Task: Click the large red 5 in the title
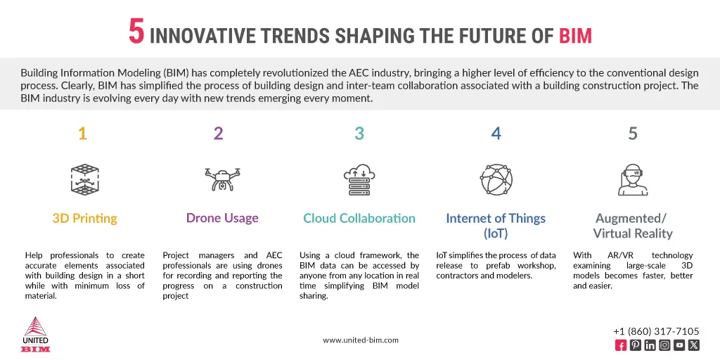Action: tap(136, 32)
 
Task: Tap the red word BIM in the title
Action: tap(575, 35)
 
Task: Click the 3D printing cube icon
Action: tap(84, 179)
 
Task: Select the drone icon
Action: tap(222, 179)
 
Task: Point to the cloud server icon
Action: tap(359, 179)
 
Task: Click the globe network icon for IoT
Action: tap(496, 179)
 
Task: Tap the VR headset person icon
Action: tap(632, 179)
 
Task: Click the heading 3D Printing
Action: tap(84, 219)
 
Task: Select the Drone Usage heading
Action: tap(222, 218)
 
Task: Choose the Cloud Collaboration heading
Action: tap(359, 219)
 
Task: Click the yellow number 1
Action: tap(82, 134)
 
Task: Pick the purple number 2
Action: tap(218, 134)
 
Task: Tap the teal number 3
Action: tap(359, 134)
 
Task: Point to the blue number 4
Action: tap(496, 134)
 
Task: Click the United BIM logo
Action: tap(36, 335)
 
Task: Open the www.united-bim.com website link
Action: tap(361, 340)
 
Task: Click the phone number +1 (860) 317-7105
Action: tap(656, 331)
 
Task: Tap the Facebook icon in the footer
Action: tap(621, 345)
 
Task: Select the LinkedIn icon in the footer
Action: tap(650, 345)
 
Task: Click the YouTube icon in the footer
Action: tap(679, 345)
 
